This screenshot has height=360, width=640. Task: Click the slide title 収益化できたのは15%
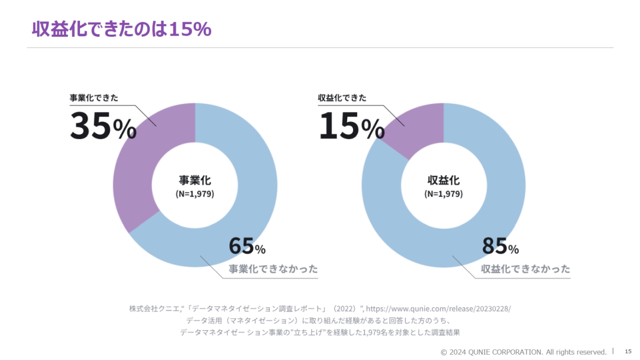click(122, 29)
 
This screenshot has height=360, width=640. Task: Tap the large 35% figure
click(103, 126)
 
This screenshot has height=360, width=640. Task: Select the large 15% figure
click(351, 126)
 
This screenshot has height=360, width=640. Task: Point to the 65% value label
click(247, 246)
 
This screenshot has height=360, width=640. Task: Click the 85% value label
click(500, 246)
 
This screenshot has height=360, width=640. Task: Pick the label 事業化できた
click(94, 98)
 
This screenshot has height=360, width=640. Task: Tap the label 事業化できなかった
click(273, 269)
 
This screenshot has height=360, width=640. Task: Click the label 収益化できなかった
click(525, 269)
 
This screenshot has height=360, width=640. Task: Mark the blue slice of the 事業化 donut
click(251, 176)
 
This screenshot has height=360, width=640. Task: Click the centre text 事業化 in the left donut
click(195, 180)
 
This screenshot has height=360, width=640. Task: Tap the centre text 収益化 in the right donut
click(443, 180)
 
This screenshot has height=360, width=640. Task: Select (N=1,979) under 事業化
click(195, 194)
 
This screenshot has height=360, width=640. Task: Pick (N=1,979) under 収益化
click(443, 194)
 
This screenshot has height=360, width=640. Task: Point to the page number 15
click(628, 351)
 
